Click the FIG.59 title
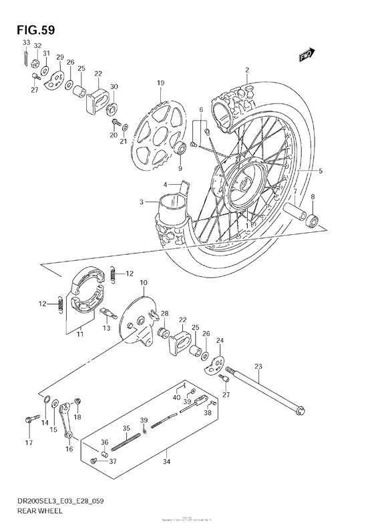pos(31,29)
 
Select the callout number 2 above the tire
pos(246,70)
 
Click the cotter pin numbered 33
pos(25,59)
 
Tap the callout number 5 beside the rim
pos(320,171)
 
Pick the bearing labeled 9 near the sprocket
pos(180,148)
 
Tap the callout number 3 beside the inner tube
pos(142,202)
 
